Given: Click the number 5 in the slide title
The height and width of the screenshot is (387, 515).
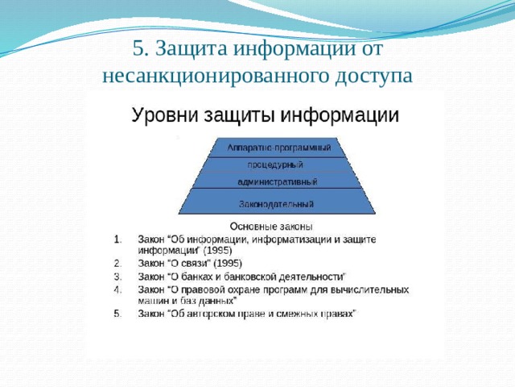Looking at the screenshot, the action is (x=139, y=48).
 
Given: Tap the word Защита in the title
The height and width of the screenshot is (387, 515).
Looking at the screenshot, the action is (x=192, y=49).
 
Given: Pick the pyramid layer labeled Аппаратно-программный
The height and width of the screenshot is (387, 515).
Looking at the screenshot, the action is (x=279, y=148).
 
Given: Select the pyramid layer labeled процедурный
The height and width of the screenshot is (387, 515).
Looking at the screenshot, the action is (x=275, y=164).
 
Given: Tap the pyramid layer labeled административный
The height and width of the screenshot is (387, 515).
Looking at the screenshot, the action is (x=277, y=181).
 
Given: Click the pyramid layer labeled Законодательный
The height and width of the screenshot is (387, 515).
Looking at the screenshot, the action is (x=277, y=203).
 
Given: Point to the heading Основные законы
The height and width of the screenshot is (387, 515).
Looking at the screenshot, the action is (x=271, y=227).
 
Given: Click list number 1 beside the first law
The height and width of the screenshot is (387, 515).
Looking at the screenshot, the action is (x=117, y=239).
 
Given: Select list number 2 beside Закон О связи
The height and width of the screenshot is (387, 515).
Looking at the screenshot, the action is (x=117, y=264).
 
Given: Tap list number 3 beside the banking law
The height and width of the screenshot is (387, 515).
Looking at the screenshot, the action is (x=117, y=277).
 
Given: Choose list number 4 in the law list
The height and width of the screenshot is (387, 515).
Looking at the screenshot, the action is (x=117, y=290).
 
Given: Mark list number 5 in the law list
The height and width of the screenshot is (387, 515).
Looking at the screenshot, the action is (x=117, y=314).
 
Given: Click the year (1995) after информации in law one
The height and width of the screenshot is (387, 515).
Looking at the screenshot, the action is (x=217, y=251).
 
